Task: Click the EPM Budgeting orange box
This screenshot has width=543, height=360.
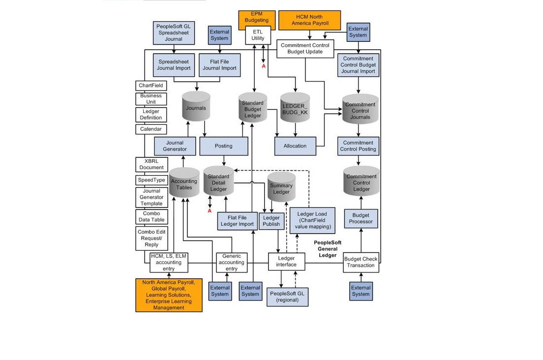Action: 257,17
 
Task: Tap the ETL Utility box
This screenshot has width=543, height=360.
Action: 258,35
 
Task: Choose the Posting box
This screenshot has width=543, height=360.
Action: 224,146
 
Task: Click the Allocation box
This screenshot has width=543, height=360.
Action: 295,146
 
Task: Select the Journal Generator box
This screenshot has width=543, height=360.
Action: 175,146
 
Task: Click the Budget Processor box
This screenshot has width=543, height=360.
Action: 361,218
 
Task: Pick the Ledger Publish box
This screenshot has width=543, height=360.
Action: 271,221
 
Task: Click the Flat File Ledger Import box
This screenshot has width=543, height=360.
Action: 238,221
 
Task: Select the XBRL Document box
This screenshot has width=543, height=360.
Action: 151,164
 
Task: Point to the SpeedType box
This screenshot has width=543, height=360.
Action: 151,180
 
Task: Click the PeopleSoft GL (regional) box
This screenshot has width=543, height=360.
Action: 288,296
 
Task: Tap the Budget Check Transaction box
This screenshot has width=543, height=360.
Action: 361,262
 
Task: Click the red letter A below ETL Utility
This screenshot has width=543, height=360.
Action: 264,66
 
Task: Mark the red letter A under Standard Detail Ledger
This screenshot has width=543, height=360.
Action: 210,210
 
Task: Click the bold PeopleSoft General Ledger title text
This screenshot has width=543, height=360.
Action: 328,249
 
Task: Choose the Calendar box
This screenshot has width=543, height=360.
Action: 151,129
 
